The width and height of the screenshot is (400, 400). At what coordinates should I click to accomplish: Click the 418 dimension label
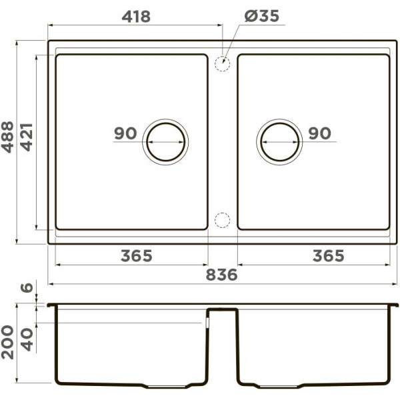[x=136, y=17]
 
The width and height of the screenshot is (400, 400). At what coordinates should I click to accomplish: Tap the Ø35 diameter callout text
[x=262, y=16]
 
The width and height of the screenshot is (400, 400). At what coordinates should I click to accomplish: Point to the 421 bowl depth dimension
[x=27, y=137]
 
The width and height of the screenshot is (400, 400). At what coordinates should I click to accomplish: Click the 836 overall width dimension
[x=221, y=275]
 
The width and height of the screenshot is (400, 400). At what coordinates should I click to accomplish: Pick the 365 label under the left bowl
[x=137, y=256]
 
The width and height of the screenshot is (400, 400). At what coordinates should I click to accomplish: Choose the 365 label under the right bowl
[x=328, y=256]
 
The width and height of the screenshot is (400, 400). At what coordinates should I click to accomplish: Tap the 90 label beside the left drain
[x=125, y=133]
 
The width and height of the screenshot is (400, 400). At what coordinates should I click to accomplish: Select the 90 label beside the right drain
[x=319, y=133]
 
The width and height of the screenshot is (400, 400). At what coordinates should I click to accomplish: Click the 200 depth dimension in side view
[x=7, y=343]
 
